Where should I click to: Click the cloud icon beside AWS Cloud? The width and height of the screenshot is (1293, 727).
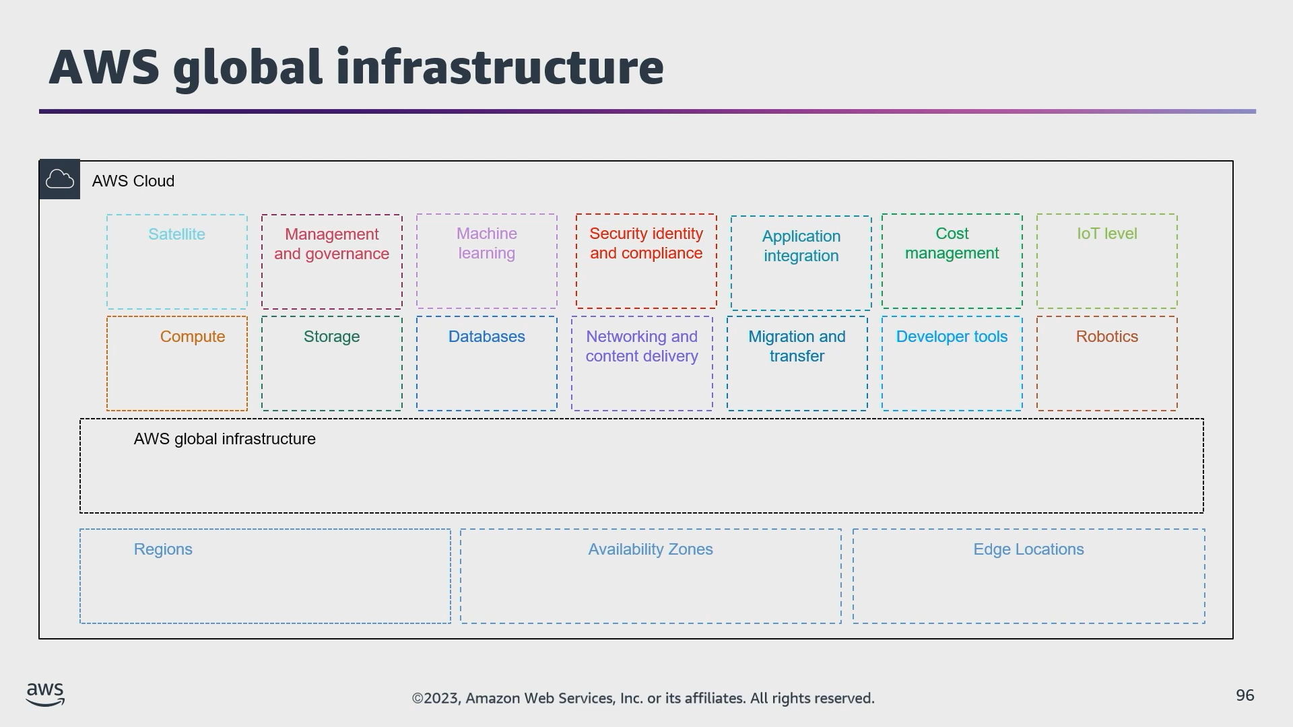pyautogui.click(x=59, y=180)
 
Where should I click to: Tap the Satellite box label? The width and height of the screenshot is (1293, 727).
pyautogui.click(x=176, y=234)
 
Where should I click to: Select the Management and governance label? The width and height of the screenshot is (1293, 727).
pyautogui.click(x=331, y=244)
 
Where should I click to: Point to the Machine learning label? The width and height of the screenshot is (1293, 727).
pyautogui.click(x=486, y=243)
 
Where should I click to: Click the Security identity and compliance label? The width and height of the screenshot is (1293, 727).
pyautogui.click(x=646, y=243)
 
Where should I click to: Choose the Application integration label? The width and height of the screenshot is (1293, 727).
pyautogui.click(x=801, y=246)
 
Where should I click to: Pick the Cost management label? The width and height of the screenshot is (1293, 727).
pyautogui.click(x=952, y=243)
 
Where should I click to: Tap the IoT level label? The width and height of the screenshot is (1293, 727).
pyautogui.click(x=1106, y=234)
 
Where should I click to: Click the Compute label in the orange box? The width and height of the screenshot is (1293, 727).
pyautogui.click(x=193, y=337)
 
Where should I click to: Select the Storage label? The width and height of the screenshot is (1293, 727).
pyautogui.click(x=331, y=337)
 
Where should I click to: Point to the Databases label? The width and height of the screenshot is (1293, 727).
pyautogui.click(x=486, y=337)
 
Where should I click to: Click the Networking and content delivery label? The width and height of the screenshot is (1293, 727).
pyautogui.click(x=641, y=346)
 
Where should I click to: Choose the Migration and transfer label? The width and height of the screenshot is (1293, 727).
pyautogui.click(x=797, y=346)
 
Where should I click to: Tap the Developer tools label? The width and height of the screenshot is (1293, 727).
pyautogui.click(x=952, y=337)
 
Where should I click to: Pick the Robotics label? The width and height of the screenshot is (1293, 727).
pyautogui.click(x=1106, y=337)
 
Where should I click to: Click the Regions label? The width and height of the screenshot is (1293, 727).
pyautogui.click(x=163, y=549)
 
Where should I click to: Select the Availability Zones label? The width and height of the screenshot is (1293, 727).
pyautogui.click(x=650, y=549)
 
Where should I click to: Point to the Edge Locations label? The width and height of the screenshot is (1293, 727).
pyautogui.click(x=1028, y=549)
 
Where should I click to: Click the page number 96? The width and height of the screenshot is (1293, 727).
pyautogui.click(x=1245, y=695)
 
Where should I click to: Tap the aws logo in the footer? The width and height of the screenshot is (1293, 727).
pyautogui.click(x=45, y=694)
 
